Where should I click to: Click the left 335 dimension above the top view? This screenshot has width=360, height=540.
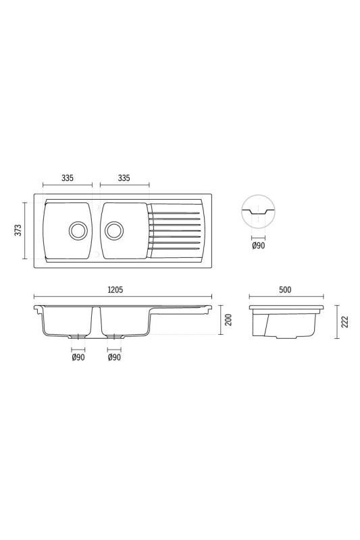pos(67,178)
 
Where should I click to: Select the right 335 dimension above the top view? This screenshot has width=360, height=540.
pos(124,178)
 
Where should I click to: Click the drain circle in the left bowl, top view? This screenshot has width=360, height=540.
pos(78,230)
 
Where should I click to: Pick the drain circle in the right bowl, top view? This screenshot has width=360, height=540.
pos(113,230)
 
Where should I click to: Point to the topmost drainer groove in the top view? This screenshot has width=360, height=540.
pos(175,213)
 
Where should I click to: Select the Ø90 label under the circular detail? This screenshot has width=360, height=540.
pos(258,247)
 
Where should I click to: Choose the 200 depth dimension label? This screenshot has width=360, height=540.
pos(228,319)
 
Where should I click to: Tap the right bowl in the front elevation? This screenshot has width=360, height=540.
pos(122,321)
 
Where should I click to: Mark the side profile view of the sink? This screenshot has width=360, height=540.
pos(286,322)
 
